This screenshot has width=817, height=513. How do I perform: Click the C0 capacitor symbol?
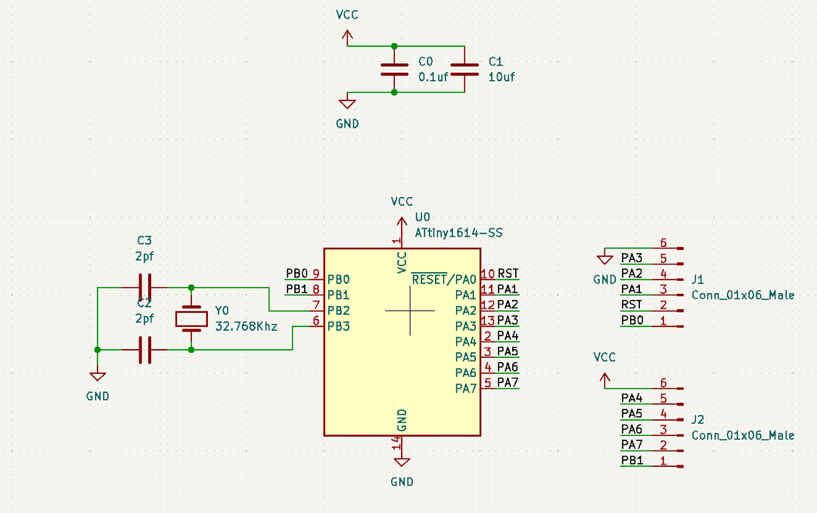(x=394, y=70)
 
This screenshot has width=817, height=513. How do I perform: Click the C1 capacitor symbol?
(x=464, y=70)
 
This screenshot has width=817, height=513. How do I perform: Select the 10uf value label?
(x=502, y=76)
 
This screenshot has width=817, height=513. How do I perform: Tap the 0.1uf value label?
(x=433, y=76)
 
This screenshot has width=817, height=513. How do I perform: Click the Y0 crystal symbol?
(x=191, y=319)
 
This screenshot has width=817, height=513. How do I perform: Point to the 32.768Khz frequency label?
(x=246, y=327)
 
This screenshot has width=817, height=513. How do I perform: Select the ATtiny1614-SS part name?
(x=458, y=233)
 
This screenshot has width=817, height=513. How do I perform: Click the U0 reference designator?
(x=423, y=217)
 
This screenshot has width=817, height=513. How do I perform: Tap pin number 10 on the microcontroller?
(x=488, y=273)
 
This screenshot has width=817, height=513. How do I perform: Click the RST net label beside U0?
(x=508, y=273)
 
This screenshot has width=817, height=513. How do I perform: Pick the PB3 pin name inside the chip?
(x=338, y=326)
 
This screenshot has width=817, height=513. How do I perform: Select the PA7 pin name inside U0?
(x=466, y=388)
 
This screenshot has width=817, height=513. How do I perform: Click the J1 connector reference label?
(x=697, y=279)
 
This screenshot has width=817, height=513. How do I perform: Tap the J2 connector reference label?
(x=697, y=419)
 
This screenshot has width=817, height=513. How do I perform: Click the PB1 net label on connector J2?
(x=632, y=460)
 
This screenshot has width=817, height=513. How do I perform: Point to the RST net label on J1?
(x=632, y=304)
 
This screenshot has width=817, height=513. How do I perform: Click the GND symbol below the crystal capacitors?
(x=98, y=376)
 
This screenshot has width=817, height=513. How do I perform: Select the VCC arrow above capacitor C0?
(x=347, y=36)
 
